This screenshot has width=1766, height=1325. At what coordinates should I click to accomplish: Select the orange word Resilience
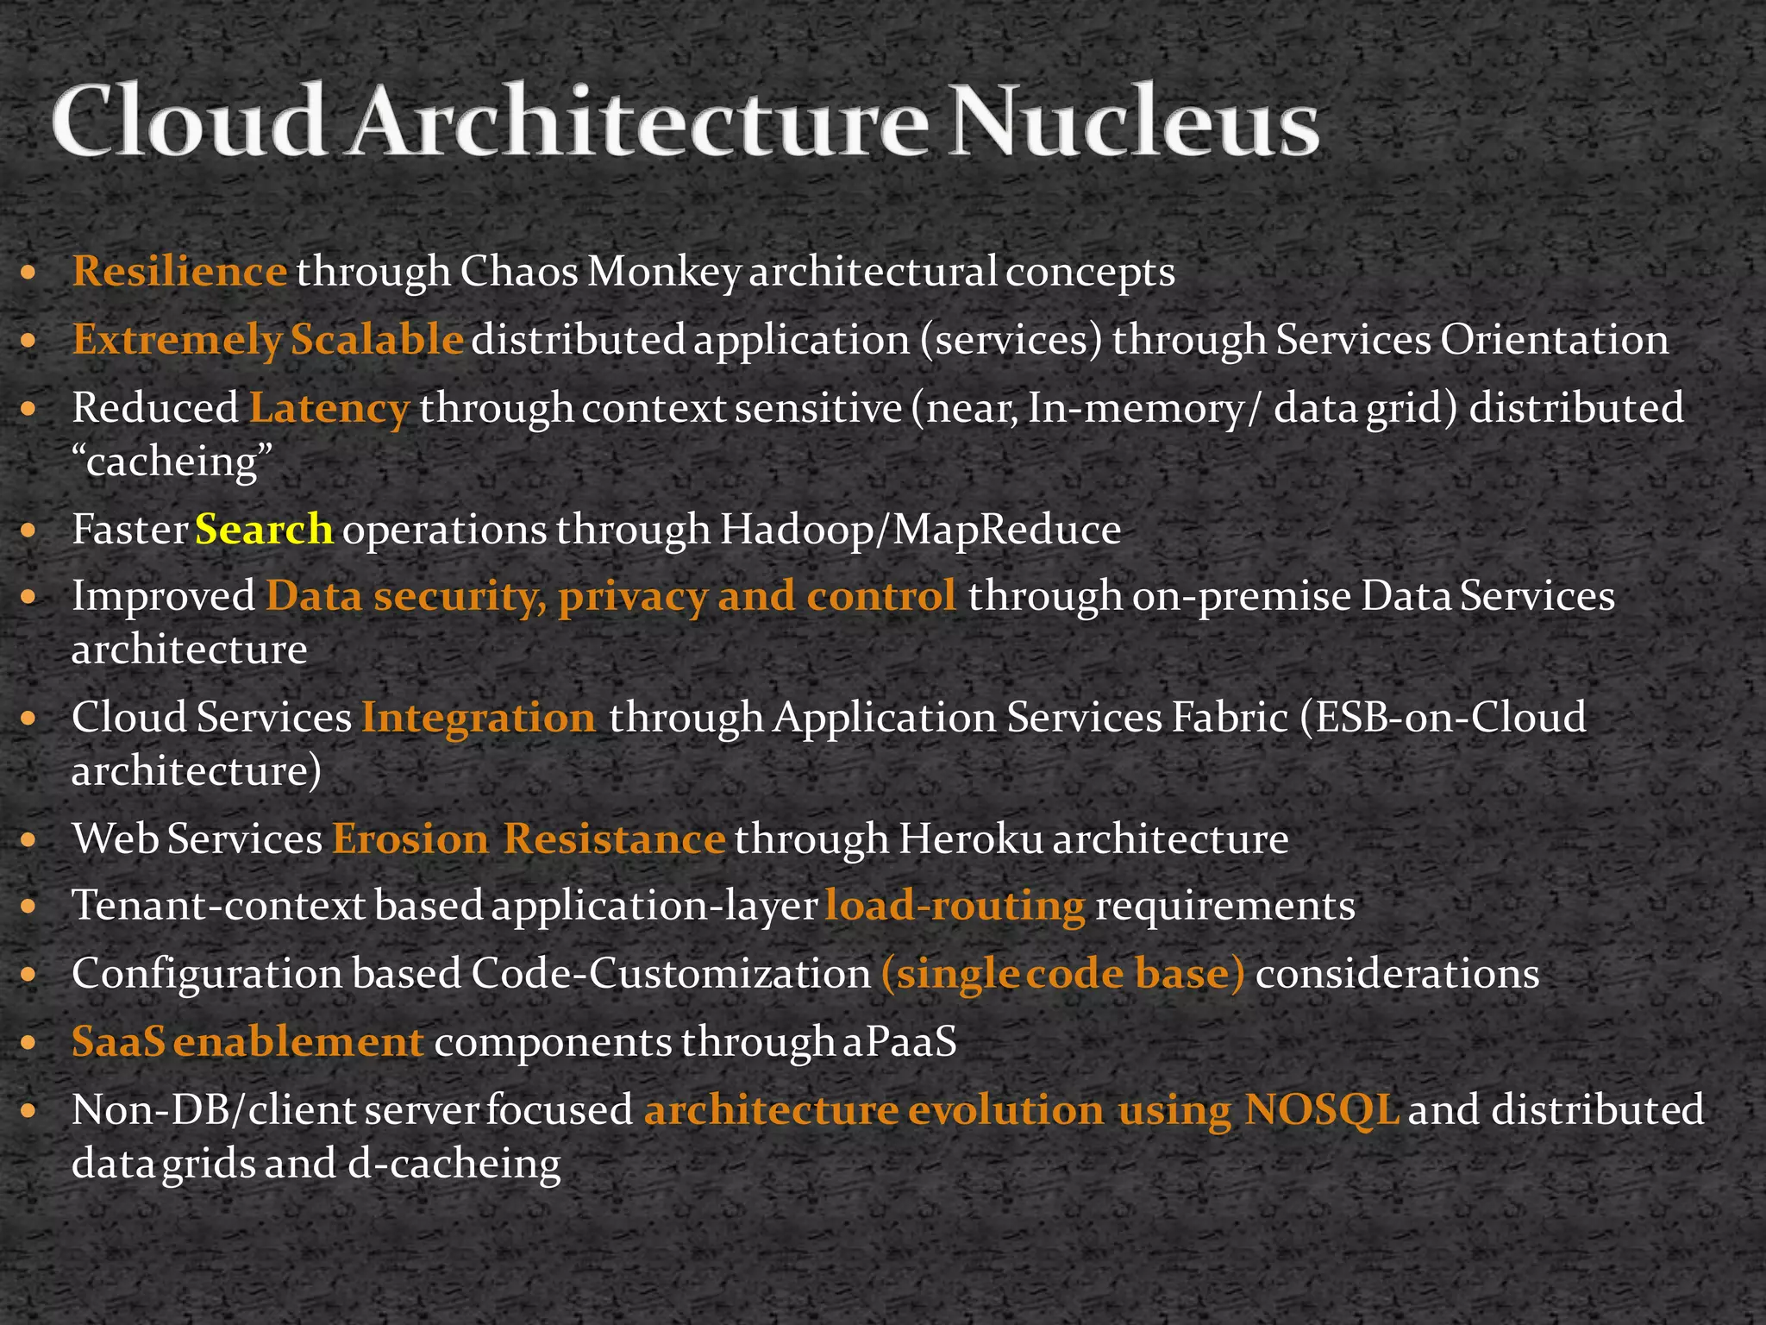click(x=179, y=272)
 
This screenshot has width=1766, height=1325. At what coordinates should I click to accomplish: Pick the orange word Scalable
click(x=377, y=339)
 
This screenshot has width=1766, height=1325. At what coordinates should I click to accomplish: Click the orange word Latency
click(x=329, y=407)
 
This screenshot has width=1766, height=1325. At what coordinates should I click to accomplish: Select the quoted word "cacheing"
click(x=172, y=462)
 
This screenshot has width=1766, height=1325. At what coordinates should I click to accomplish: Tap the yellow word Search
click(x=264, y=529)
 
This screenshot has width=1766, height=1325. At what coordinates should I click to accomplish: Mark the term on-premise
click(x=1241, y=596)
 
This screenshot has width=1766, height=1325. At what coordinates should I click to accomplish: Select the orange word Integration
click(x=479, y=717)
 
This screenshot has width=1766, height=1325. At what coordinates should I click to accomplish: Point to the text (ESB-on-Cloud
click(x=1443, y=717)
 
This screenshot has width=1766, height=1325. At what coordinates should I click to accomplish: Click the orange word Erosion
click(x=410, y=838)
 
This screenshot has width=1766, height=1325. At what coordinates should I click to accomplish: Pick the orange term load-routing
click(x=955, y=906)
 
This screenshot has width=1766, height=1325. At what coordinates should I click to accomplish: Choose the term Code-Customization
click(x=671, y=974)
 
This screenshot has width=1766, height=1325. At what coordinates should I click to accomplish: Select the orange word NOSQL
click(x=1321, y=1109)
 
